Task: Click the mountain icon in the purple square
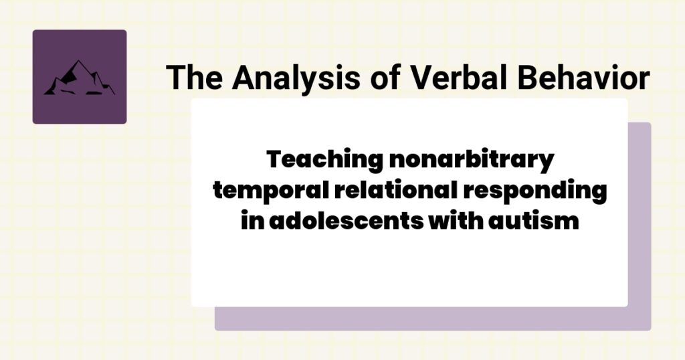pyautogui.click(x=79, y=78)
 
